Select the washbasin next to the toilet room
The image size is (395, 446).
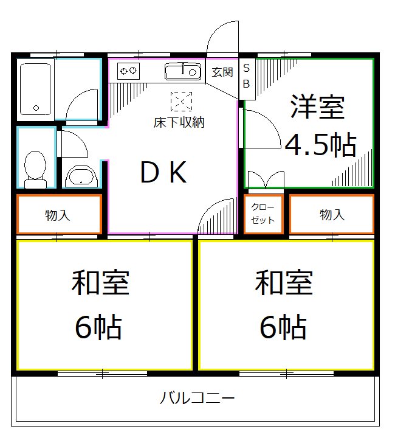[80, 176]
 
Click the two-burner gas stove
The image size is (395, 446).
[128, 71]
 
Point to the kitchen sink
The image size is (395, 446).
[182, 72]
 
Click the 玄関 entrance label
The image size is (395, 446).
[222, 72]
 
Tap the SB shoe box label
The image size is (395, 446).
[247, 77]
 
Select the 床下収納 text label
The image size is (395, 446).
[179, 122]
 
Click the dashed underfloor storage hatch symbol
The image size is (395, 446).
[180, 100]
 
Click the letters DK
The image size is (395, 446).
[163, 174]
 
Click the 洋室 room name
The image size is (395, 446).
[317, 107]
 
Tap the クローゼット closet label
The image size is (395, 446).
[263, 214]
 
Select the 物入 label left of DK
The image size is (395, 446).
[57, 215]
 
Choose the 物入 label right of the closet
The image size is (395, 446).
[332, 214]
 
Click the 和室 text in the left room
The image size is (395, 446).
[101, 283]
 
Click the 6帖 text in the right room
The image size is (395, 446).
[283, 328]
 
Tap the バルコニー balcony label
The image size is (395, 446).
[197, 399]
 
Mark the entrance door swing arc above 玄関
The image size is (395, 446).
[222, 38]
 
